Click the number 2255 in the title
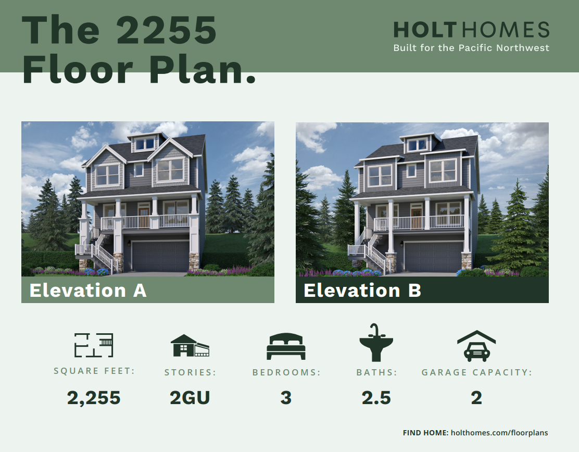click(x=166, y=30)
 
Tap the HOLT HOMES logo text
click(x=472, y=30)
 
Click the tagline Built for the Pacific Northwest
click(x=472, y=48)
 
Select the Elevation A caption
click(x=88, y=290)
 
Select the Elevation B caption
click(x=362, y=290)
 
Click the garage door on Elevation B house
click(x=433, y=257)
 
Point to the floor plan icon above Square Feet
click(x=94, y=345)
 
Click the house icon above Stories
click(x=190, y=346)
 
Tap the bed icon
click(x=286, y=346)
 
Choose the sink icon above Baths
click(x=376, y=343)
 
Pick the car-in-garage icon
click(x=476, y=346)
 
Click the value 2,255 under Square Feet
click(x=94, y=398)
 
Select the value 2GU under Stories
click(x=190, y=398)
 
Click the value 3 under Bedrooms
click(x=286, y=398)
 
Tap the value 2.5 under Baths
click(x=376, y=398)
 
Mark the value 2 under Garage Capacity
click(x=476, y=398)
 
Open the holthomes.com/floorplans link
click(x=499, y=433)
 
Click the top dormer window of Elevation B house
click(x=418, y=145)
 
